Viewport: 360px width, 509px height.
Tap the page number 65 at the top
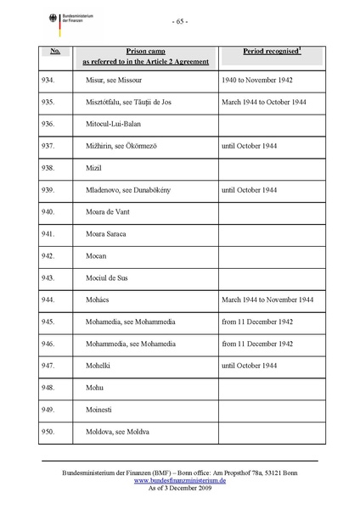tap(179, 20)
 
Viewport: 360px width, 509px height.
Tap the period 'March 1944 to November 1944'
tap(267, 299)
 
